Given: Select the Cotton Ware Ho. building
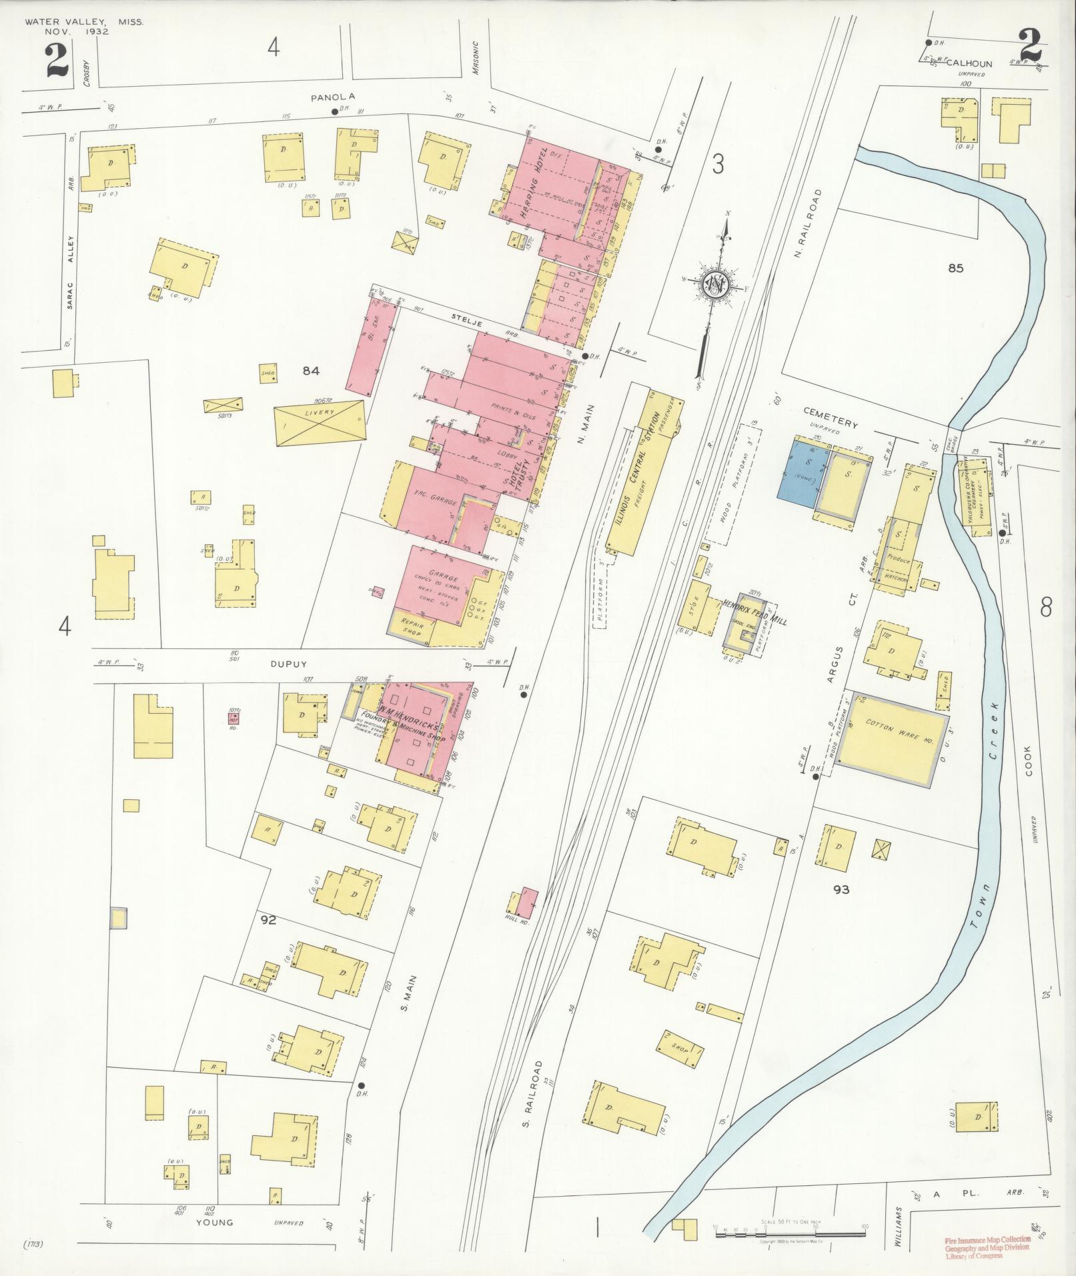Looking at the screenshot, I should [891, 741].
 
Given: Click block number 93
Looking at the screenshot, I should [841, 889].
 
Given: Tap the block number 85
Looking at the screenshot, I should [956, 269].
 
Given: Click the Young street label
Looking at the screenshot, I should [215, 1223].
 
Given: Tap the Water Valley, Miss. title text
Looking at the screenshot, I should [84, 22].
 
